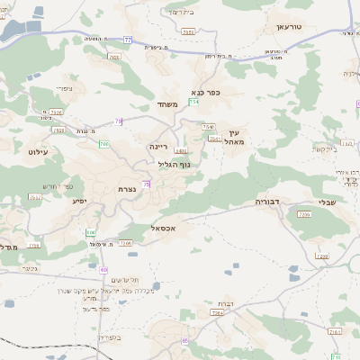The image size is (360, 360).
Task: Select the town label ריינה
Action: click(x=158, y=144)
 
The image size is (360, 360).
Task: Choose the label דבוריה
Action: click(x=269, y=202)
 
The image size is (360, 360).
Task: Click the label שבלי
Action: click(x=327, y=202)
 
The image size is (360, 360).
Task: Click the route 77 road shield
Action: click(x=128, y=41)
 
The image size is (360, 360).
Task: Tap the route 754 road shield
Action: click(x=193, y=103)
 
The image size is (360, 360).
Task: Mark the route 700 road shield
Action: click(x=104, y=144)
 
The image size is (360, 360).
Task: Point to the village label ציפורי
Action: click(x=64, y=87)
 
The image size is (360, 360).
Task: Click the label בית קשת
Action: click(x=323, y=148)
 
